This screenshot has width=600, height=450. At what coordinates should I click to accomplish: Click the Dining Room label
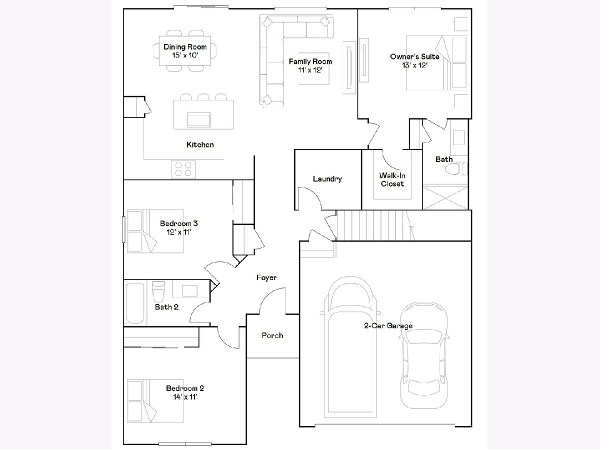coord(185,47)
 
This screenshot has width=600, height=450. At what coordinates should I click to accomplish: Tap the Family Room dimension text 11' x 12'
coord(310,70)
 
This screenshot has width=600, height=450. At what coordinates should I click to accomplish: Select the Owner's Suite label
coord(414,56)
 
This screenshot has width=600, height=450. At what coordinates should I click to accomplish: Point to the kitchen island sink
coord(198,119)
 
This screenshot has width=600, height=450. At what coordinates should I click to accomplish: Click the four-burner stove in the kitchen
coord(183,169)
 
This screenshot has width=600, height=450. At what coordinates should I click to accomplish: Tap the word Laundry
coord(327,179)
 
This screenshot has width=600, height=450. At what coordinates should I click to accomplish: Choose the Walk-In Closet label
coord(392,179)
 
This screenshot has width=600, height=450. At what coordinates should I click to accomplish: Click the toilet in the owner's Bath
coord(456,169)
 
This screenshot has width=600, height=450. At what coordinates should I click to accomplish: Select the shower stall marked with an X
coord(445,198)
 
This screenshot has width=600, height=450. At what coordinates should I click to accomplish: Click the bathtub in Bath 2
coord(135,303)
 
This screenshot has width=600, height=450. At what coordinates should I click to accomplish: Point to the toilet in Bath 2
coord(158,291)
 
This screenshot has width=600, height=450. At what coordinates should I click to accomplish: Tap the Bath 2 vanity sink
coord(189,291)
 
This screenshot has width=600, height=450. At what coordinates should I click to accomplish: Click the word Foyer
coord(266,278)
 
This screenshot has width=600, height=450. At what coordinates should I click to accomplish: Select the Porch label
coord(272,335)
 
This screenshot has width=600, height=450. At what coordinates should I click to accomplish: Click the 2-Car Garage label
coord(388,325)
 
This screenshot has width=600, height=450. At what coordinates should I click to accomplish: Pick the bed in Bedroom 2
coord(155,401)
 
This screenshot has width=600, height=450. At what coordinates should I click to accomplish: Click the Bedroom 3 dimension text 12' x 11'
coord(179,232)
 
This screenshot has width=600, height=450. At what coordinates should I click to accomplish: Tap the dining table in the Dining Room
coord(185,51)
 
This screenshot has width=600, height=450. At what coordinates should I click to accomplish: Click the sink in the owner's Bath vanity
coord(458,137)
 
